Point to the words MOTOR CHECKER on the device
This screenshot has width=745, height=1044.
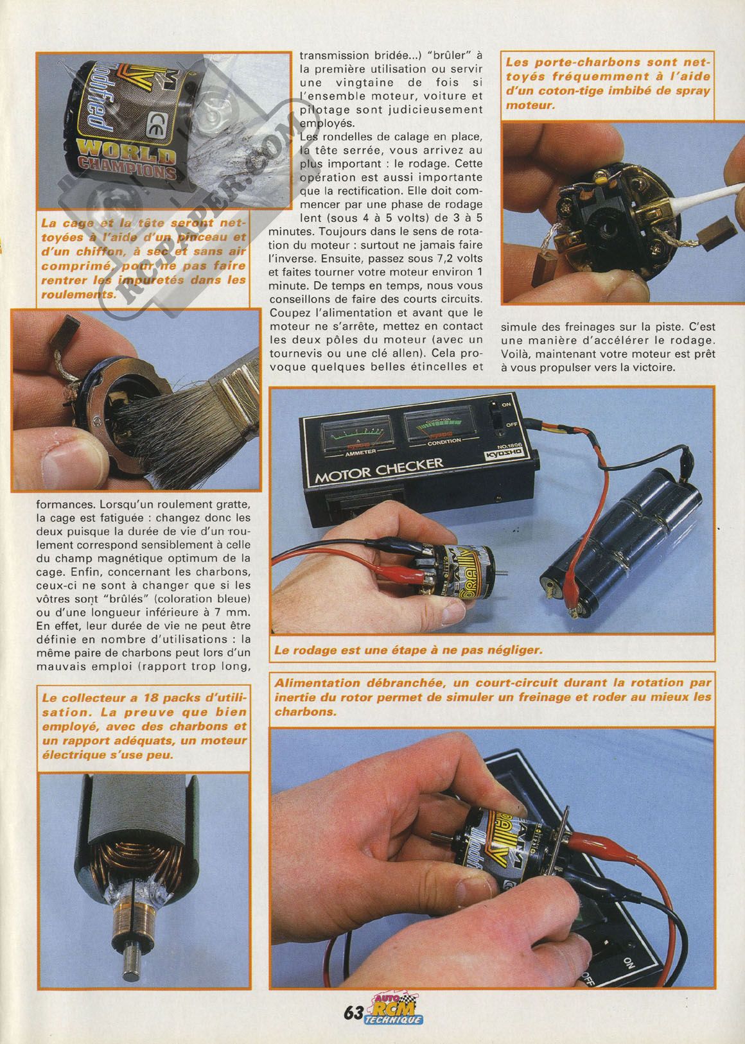(x=379, y=470)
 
